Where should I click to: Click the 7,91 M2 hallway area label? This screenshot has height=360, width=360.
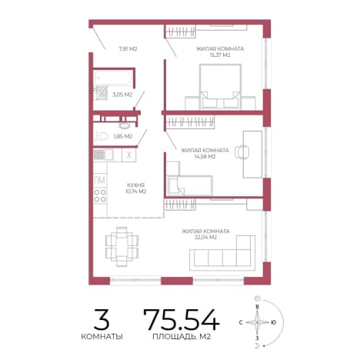[x=128, y=48]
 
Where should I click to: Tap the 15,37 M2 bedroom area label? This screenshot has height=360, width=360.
[x=220, y=55]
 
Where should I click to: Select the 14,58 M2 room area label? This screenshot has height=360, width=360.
[x=205, y=156]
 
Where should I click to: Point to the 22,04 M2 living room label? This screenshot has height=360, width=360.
[x=205, y=238]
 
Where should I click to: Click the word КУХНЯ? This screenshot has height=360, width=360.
[x=136, y=185]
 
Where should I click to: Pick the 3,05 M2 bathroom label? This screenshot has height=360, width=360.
[x=122, y=95]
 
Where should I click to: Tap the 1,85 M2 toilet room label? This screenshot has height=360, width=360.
[x=123, y=136]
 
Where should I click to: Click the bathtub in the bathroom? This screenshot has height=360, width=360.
[x=113, y=78]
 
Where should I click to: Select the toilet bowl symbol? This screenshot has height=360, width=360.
[x=101, y=136]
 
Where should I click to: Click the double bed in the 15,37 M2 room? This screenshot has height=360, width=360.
[x=220, y=87]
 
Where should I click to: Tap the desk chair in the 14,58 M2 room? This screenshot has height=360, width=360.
[x=242, y=152]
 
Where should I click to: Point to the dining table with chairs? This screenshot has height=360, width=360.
[x=122, y=247]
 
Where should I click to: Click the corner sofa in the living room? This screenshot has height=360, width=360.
[x=222, y=253]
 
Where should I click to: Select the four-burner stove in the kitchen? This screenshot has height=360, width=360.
[x=100, y=195]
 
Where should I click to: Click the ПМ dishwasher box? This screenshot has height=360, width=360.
[x=100, y=181]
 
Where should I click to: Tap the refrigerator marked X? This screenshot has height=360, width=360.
[x=129, y=155]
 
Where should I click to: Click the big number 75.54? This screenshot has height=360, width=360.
[x=182, y=319]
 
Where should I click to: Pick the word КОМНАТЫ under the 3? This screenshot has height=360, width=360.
[x=102, y=336]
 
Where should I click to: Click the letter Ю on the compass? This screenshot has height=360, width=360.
[x=273, y=322]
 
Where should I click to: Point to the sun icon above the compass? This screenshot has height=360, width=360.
[x=257, y=298]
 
